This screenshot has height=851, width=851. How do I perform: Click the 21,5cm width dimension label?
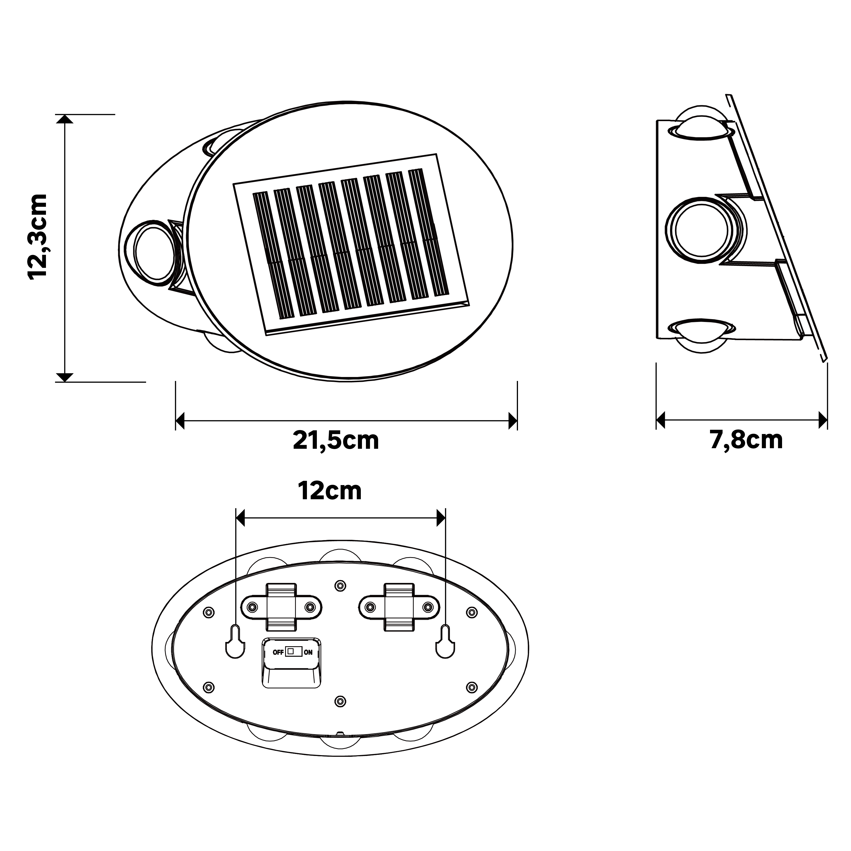tap(336, 440)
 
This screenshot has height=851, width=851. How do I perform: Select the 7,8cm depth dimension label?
tap(746, 440)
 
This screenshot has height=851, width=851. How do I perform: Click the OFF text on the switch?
tap(278, 652)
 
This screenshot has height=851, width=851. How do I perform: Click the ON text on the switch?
tap(308, 652)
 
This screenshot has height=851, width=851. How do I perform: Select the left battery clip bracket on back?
tap(281, 607)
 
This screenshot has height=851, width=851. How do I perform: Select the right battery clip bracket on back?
tap(399, 607)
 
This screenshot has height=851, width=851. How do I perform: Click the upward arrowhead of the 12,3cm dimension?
tap(65, 119)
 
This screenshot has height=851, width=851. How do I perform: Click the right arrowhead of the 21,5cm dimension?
tap(512, 421)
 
